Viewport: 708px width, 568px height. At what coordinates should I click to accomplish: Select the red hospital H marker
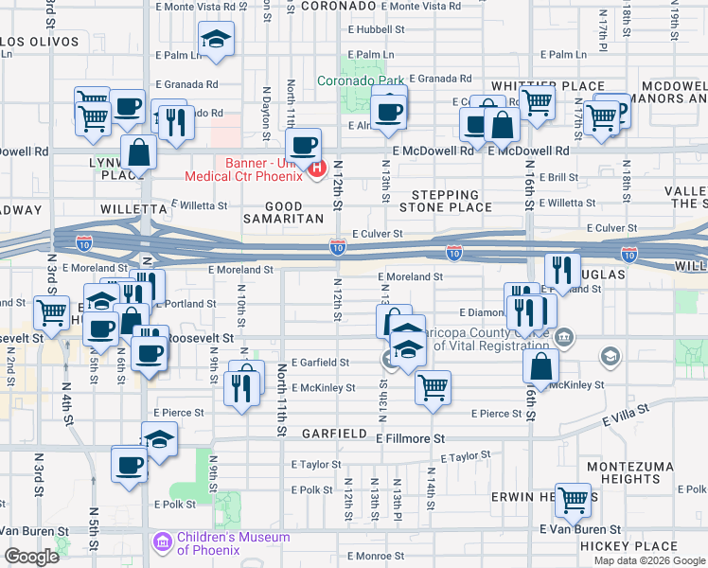click(x=317, y=171)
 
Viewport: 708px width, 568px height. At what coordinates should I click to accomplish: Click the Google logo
click(x=31, y=557)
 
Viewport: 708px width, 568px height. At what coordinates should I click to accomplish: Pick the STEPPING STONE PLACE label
click(x=446, y=201)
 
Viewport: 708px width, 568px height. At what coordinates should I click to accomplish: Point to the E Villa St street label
click(x=625, y=411)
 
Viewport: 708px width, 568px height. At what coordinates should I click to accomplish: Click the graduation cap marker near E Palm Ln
click(x=217, y=40)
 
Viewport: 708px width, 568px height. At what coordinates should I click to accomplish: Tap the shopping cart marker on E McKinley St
click(x=433, y=386)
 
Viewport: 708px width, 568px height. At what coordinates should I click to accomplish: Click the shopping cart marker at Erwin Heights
click(x=573, y=499)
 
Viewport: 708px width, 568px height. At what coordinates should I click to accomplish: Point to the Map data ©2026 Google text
click(x=649, y=560)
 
